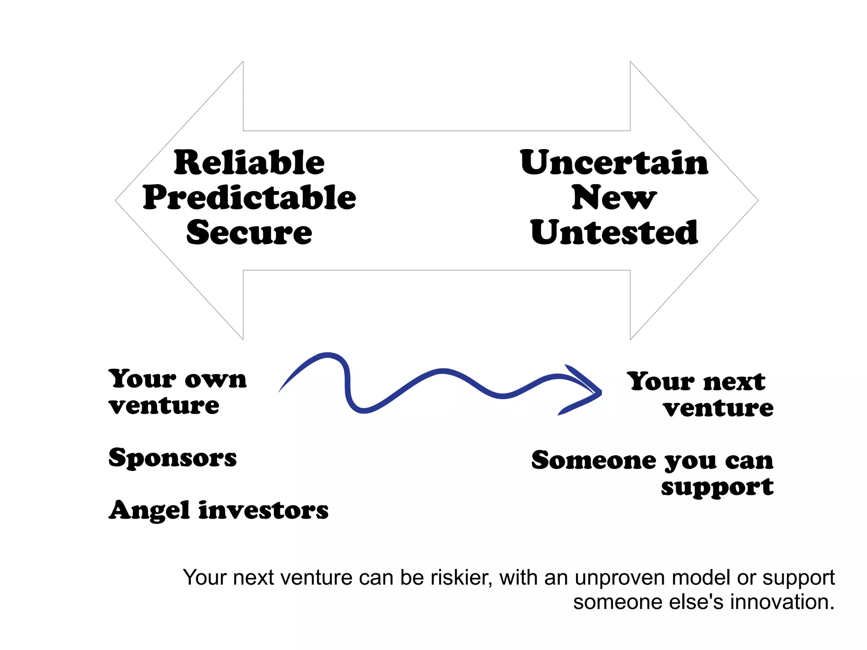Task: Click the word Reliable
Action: [249, 163]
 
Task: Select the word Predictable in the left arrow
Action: [249, 198]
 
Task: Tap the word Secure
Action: [249, 232]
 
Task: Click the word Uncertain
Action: [614, 163]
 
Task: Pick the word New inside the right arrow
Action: [614, 198]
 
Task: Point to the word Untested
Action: [614, 232]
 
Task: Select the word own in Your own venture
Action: [215, 379]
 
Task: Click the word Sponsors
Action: [172, 458]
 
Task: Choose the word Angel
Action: [149, 510]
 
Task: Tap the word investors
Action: [263, 510]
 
